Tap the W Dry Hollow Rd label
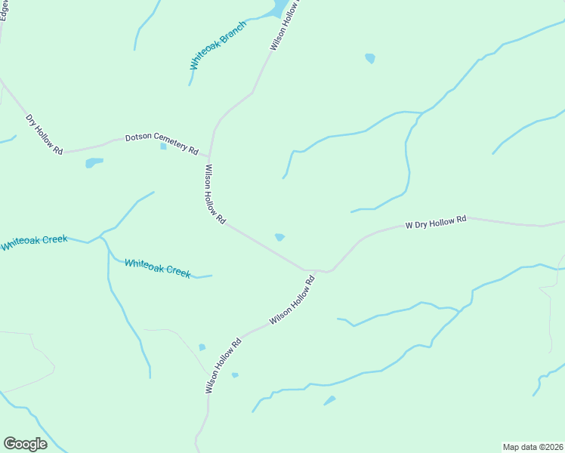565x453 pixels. point(437,222)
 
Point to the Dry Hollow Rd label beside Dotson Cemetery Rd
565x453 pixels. point(45,135)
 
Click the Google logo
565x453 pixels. point(25,444)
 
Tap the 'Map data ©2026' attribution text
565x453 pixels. point(533,446)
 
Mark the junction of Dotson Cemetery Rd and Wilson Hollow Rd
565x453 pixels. point(209,156)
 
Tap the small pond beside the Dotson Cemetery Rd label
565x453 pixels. point(163,146)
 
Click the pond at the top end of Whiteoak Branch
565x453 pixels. point(278,8)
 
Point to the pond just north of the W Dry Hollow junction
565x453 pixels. point(279,237)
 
